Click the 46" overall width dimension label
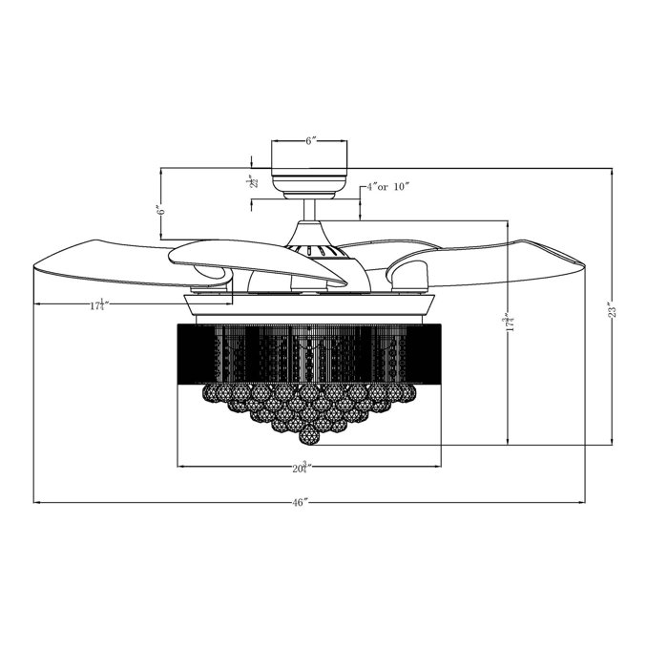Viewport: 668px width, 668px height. tap(302, 501)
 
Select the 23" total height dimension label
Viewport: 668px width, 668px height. tap(614, 309)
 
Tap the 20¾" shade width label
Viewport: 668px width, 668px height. tap(303, 468)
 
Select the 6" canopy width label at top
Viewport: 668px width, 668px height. tap(311, 140)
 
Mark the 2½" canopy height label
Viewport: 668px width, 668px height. tap(251, 180)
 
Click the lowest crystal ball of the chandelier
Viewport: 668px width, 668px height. tap(309, 436)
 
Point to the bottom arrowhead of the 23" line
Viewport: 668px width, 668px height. tap(614, 442)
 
